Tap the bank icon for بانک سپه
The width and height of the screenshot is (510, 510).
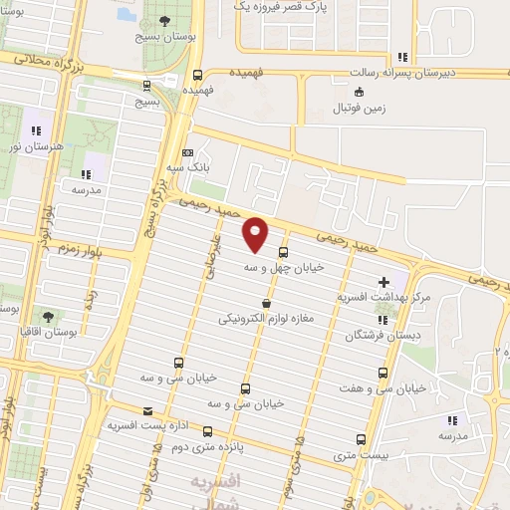pyautogui.click(x=187, y=151)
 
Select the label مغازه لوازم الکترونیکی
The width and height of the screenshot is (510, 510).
pyautogui.click(x=265, y=320)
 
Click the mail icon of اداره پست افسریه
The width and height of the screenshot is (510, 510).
pyautogui.click(x=148, y=410)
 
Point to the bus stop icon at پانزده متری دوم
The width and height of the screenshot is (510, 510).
pyautogui.click(x=208, y=431)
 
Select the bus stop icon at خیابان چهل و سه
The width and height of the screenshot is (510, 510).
pyautogui.click(x=284, y=252)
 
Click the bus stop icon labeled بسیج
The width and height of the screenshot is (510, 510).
pyautogui.click(x=147, y=86)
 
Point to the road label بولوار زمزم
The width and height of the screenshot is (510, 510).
pyautogui.click(x=79, y=245)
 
